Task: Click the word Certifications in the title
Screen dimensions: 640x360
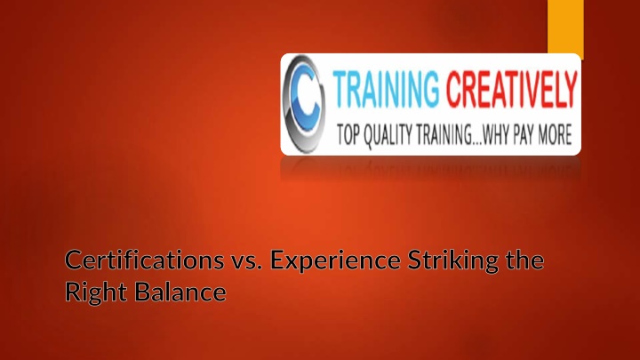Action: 145,260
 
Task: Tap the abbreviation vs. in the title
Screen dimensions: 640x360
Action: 248,261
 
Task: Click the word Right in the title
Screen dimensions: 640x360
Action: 96,292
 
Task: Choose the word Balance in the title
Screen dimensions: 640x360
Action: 180,292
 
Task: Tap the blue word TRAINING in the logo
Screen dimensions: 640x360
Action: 386,90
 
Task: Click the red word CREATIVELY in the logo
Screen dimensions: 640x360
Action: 512,90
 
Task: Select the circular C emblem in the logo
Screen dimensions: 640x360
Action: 304,104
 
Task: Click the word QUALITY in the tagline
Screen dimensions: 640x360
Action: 388,135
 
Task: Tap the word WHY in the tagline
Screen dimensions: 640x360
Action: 495,135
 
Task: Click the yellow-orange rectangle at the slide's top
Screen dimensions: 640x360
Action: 565,27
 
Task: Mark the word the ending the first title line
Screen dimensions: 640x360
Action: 525,260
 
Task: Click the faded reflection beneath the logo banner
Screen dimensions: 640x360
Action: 430,168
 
